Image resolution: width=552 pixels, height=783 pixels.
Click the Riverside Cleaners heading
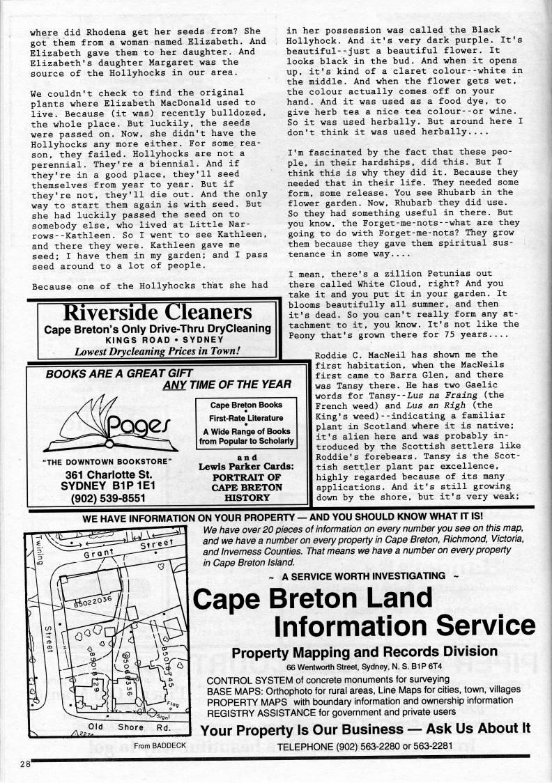tap(157, 311)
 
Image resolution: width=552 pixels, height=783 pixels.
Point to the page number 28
tap(26, 764)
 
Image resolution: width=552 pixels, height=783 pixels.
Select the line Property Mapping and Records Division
tap(364, 653)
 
